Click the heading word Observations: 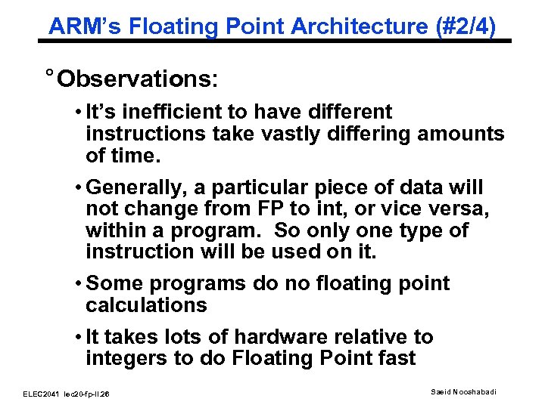click(x=137, y=79)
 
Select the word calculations click(x=146, y=304)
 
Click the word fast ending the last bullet click(x=395, y=358)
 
